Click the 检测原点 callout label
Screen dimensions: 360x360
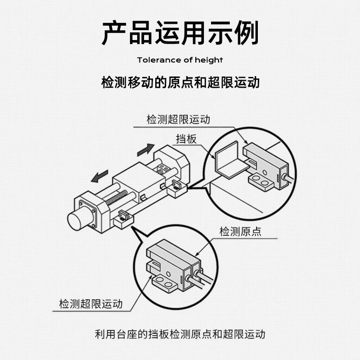(240, 232)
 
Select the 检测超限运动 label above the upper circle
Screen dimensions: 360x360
(178, 120)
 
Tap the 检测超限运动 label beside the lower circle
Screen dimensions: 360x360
(90, 304)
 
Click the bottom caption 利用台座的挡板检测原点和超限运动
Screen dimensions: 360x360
(180, 334)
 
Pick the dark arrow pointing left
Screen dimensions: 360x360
(99, 176)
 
